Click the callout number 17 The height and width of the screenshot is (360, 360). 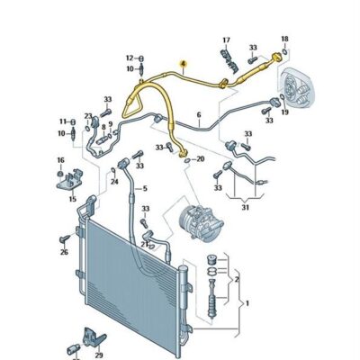click(x=226, y=40)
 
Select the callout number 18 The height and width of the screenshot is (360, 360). click(x=284, y=39)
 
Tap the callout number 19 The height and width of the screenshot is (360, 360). click(x=284, y=112)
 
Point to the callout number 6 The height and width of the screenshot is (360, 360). click(x=199, y=115)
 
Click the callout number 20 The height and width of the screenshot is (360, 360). click(x=200, y=158)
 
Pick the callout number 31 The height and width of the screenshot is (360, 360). click(x=246, y=207)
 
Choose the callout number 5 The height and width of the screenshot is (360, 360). click(x=145, y=189)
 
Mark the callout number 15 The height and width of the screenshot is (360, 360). click(x=73, y=199)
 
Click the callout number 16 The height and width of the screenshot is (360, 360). click(x=60, y=160)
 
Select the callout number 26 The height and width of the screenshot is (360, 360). click(x=64, y=252)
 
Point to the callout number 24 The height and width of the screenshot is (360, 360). click(x=114, y=182)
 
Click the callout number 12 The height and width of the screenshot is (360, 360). click(x=130, y=58)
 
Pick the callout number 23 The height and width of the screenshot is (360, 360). click(x=88, y=116)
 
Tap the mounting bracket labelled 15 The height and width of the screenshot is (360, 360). click(x=69, y=181)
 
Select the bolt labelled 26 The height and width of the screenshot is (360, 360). click(x=65, y=239)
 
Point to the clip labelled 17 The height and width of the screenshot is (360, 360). click(x=228, y=60)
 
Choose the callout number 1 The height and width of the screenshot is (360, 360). click(x=247, y=303)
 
